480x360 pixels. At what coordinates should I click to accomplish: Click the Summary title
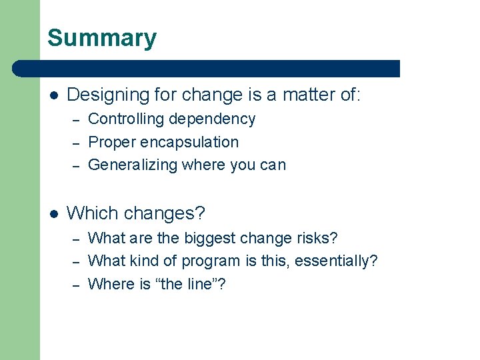[x=101, y=38]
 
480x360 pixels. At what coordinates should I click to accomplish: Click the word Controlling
[x=126, y=119]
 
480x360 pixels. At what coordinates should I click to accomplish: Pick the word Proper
[x=110, y=143]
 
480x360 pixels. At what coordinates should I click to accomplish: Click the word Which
[x=93, y=214]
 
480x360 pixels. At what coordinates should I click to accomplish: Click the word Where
[x=111, y=284]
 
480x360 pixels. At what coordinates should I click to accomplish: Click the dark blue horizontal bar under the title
[x=207, y=69]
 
